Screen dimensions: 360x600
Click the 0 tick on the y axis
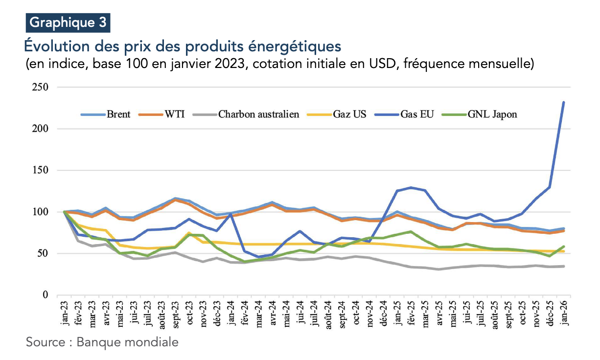coord(45,295)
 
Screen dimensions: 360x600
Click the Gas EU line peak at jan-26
coord(564,102)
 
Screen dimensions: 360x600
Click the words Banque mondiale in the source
coord(128,341)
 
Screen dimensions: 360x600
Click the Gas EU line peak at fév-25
coord(411,187)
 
